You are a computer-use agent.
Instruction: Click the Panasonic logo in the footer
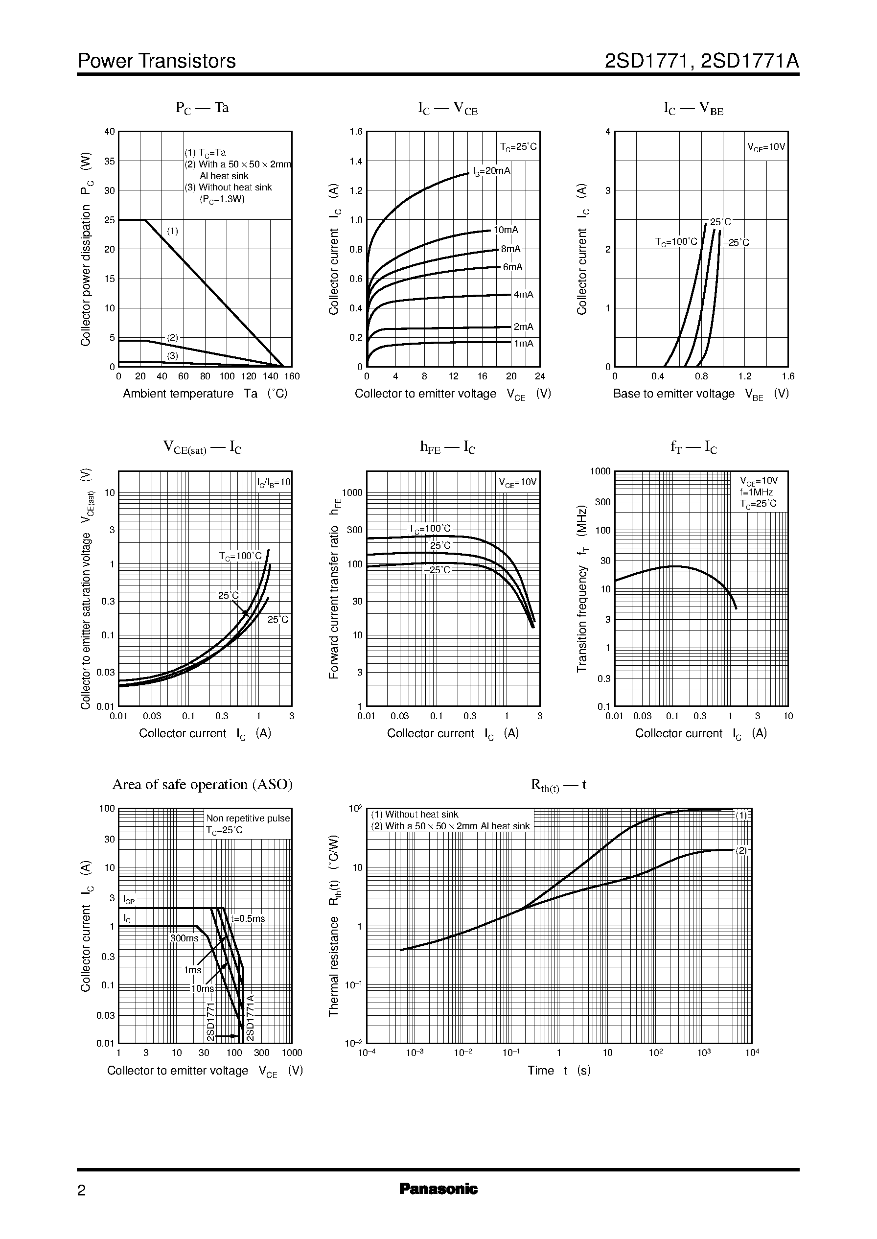click(x=438, y=1189)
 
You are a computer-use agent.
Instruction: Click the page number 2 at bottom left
click(x=82, y=1191)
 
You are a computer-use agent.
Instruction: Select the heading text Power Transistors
click(x=157, y=61)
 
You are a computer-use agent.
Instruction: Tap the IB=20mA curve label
click(x=491, y=171)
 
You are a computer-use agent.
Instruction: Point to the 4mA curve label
click(x=523, y=294)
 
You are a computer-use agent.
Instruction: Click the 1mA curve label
click(x=523, y=344)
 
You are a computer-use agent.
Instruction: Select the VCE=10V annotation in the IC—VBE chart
click(x=766, y=147)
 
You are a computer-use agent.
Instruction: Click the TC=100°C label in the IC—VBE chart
click(x=676, y=242)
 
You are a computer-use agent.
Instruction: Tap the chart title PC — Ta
click(x=202, y=108)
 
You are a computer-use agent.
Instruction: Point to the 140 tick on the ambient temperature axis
click(x=270, y=376)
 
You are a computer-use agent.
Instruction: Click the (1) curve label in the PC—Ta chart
click(x=172, y=231)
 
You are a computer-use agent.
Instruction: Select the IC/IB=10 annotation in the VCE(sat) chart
click(x=273, y=482)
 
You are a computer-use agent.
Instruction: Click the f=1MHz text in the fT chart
click(x=756, y=492)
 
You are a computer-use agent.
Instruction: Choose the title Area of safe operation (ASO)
click(x=202, y=784)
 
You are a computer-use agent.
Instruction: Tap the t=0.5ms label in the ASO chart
click(x=248, y=918)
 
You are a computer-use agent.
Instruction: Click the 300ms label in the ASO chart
click(x=184, y=938)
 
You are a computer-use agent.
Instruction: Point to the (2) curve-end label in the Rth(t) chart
click(x=741, y=850)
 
